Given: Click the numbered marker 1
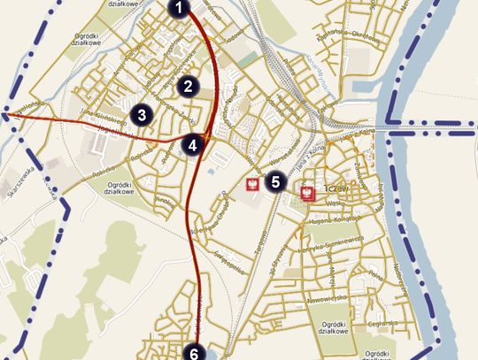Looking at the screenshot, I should coord(179,10).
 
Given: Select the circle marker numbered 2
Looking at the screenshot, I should coord(186,86).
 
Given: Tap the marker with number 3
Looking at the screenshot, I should coord(141,114).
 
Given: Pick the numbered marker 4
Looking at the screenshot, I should coord(193,144).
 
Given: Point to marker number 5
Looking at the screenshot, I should coord(275,182).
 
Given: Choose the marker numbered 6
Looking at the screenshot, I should coord(194,353).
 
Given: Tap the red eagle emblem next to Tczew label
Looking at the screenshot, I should coord(309,192).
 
